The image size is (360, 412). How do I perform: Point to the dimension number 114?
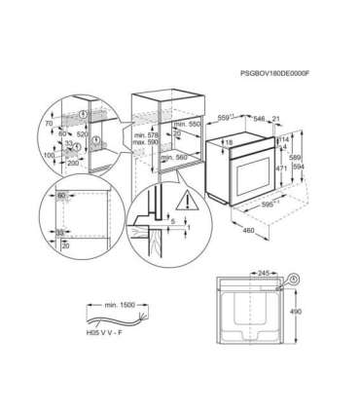tap(284, 139)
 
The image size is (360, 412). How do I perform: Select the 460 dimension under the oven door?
tap(250, 230)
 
